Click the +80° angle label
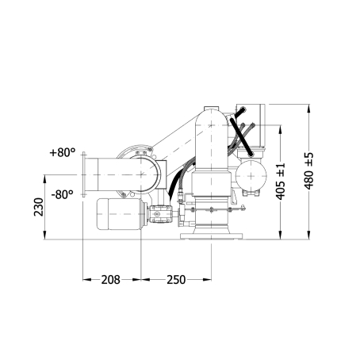[63, 152]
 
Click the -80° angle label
[62, 195]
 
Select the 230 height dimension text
[39, 207]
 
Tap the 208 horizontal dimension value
[111, 280]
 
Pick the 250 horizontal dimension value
[176, 280]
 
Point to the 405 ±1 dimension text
[281, 181]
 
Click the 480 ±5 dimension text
[308, 170]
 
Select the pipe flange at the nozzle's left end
[84, 174]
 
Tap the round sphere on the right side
[251, 175]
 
